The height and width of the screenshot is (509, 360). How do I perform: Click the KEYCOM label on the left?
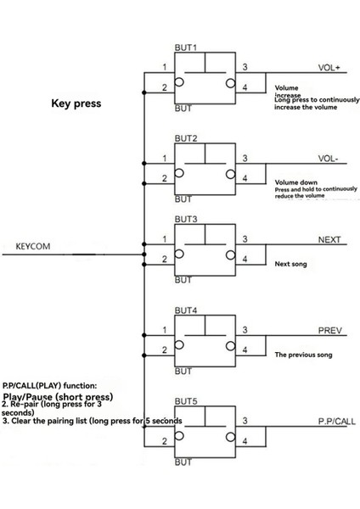coord(34,247)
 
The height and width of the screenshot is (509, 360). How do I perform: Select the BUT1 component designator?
coord(186,48)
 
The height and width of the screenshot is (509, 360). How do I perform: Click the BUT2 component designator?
coord(186,137)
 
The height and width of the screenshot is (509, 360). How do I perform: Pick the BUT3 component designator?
coord(186,220)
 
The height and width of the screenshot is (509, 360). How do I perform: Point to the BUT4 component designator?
coord(186,310)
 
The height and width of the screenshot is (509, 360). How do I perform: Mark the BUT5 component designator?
coord(186,401)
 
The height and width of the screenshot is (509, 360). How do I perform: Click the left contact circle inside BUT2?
coord(181,174)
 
